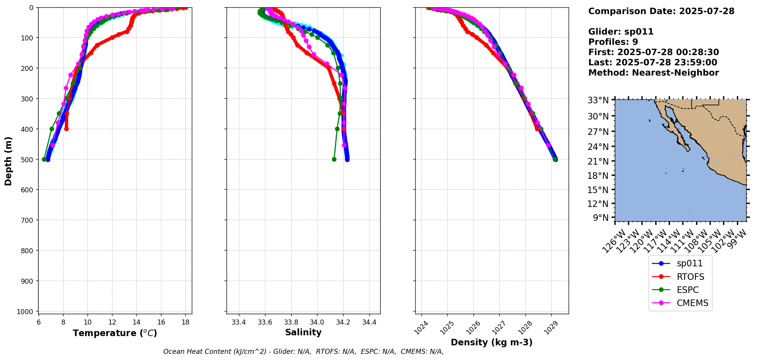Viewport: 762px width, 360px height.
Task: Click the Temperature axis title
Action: [115, 333]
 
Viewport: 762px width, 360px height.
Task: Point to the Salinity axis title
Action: [303, 332]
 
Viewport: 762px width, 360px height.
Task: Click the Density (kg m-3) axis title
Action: [492, 342]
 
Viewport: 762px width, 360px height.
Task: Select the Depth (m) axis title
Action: [8, 161]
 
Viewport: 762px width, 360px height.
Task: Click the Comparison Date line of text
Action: [661, 11]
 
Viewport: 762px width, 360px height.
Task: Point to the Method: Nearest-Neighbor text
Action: [653, 73]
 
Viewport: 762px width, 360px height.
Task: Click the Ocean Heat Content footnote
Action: [303, 352]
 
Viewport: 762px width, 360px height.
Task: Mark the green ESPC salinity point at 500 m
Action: [334, 159]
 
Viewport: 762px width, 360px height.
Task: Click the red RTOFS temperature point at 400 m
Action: [66, 129]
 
